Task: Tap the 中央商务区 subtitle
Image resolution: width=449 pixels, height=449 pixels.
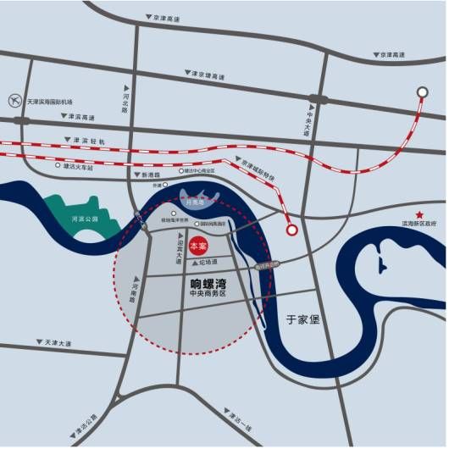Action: [209, 299]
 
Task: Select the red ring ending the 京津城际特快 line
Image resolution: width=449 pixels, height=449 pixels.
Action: [292, 229]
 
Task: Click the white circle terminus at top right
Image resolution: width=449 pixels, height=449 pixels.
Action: [422, 92]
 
